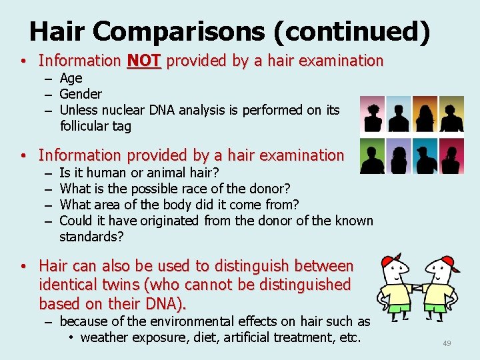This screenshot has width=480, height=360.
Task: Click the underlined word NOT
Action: pyautogui.click(x=143, y=61)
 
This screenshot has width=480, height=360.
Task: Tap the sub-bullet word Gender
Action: pyautogui.click(x=81, y=94)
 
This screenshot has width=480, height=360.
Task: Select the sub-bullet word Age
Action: pyautogui.click(x=71, y=78)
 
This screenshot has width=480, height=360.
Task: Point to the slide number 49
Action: pyautogui.click(x=447, y=343)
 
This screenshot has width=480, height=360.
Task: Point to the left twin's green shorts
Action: pyautogui.click(x=397, y=307)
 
